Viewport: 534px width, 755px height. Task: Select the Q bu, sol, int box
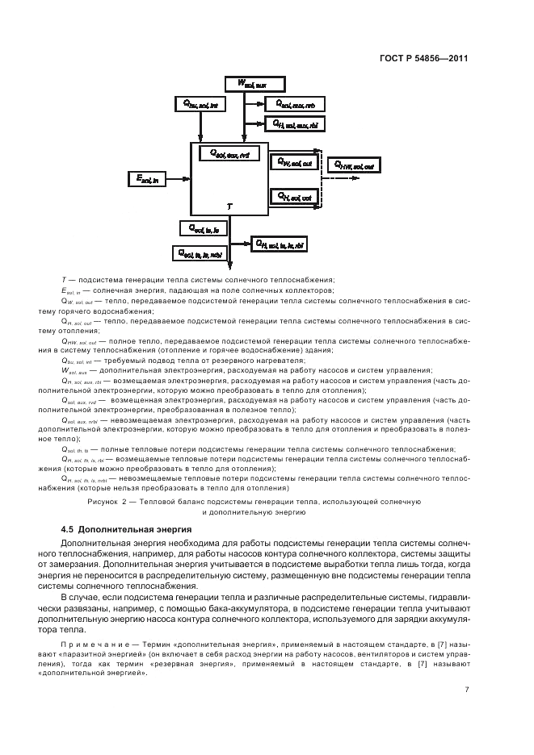(x=201, y=104)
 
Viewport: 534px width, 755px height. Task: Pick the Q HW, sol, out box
(x=356, y=165)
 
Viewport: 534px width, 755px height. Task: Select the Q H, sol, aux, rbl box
(x=294, y=123)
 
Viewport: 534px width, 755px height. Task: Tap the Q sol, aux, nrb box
(x=294, y=104)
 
